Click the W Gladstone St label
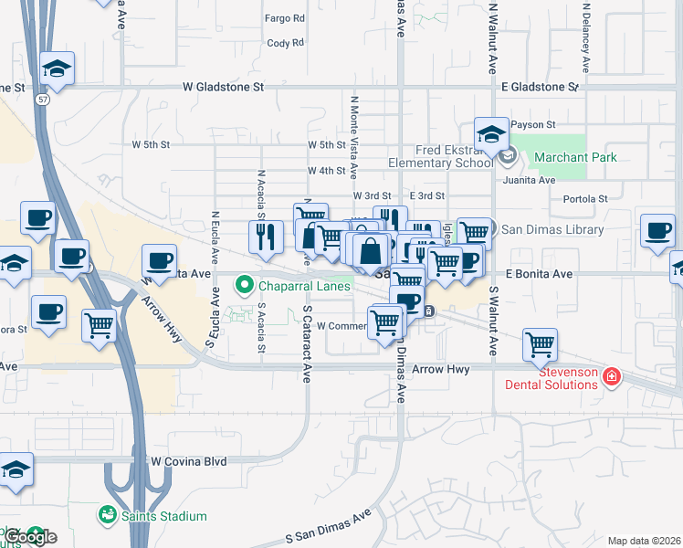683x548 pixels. (223, 88)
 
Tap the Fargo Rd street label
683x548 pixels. (285, 18)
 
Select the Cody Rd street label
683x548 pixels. (285, 43)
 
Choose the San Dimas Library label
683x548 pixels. (552, 230)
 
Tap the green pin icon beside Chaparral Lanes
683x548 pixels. (244, 286)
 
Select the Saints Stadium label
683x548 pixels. (165, 516)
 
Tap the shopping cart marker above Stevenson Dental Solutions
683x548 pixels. (540, 345)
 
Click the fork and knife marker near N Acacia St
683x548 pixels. (266, 237)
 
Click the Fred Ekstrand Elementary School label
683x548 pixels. (440, 156)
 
